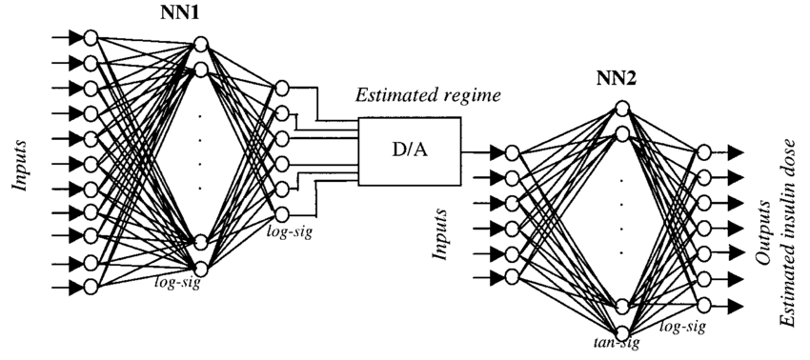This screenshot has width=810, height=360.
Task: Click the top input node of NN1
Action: [91, 38]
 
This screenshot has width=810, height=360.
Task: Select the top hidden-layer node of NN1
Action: [200, 44]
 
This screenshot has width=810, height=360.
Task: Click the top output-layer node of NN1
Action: [281, 89]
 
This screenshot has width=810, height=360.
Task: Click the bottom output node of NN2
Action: [703, 305]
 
